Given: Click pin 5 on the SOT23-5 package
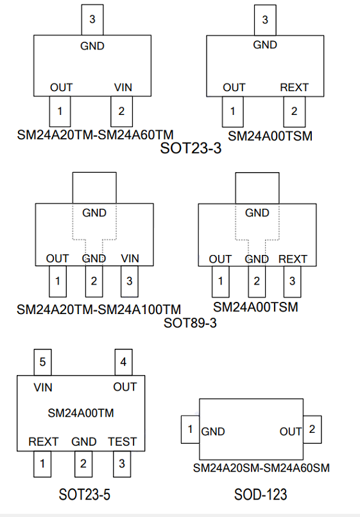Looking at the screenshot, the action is pos(42,362).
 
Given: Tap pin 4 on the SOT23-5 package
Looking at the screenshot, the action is pos(123,362).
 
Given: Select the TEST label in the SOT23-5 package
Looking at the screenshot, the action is pos(122,441).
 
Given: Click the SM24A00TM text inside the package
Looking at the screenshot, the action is pos(81,413).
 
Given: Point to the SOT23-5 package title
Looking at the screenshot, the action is pos(84,495).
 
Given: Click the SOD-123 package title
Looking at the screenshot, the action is pos(261,495).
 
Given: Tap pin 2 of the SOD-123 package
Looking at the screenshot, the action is pos(313,429).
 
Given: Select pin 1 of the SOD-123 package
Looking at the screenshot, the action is pos(190,429).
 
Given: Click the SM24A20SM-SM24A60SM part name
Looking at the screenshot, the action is pos(261,468).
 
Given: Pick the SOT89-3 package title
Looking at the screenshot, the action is pos(190,323).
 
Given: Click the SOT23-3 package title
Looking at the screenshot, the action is pos(191,148).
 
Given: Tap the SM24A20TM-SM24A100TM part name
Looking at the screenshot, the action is pos(99,310).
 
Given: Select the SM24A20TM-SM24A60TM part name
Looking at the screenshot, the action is pos(95,135).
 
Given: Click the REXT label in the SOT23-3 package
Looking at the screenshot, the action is pos(294,87).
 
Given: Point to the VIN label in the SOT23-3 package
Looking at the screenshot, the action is pos(123,87).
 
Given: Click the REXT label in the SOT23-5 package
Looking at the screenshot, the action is pos(43,441).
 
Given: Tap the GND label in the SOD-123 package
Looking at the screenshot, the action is pos(213,432).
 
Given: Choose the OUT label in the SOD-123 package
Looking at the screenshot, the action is pos(291,432).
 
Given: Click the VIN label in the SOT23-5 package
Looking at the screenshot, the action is pos(43,387).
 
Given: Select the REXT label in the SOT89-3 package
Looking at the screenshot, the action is pos(293,259).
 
